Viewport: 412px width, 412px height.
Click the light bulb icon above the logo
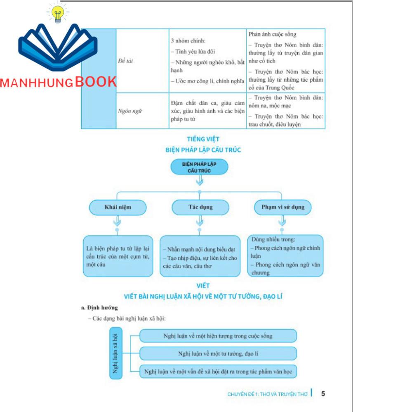(58, 14)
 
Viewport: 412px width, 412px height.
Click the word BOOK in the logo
(96, 82)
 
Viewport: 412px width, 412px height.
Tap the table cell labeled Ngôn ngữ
(127, 111)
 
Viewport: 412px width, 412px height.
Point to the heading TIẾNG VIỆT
(203, 139)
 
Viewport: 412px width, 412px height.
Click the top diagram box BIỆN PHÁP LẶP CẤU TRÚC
(199, 167)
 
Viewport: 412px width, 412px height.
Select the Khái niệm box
(118, 207)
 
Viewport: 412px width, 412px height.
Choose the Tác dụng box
(200, 207)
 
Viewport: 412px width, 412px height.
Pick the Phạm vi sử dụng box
(282, 207)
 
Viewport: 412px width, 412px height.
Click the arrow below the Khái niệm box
(117, 223)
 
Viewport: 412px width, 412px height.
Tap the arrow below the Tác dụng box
(200, 223)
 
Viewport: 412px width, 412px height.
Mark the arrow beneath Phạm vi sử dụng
(282, 223)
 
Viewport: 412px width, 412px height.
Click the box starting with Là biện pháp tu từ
(118, 256)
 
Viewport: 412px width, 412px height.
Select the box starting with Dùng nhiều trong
(285, 256)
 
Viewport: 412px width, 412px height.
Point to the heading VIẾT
(203, 285)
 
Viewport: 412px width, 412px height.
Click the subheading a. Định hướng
(99, 308)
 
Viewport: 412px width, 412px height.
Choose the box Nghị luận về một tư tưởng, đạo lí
(218, 353)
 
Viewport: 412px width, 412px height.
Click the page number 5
(323, 393)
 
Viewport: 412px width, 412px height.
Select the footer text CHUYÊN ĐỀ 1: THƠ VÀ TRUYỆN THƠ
(267, 394)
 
